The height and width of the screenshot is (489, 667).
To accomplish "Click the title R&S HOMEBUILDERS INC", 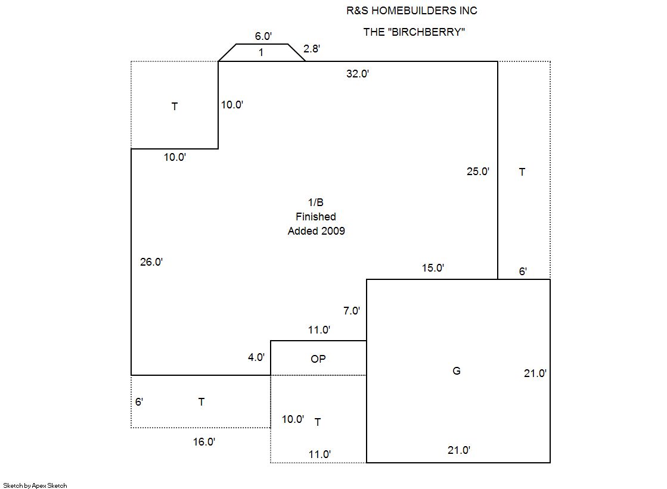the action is point(412,11).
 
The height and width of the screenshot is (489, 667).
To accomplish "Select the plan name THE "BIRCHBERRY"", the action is point(414,32).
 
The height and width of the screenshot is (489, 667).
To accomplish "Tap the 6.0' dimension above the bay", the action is point(263,36).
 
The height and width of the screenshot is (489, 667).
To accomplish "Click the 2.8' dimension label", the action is point(311,48).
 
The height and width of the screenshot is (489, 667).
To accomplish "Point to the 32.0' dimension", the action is point(357,74).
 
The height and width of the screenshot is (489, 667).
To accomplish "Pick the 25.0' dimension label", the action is point(477,172).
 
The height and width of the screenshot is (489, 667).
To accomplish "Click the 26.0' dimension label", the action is point(151,262).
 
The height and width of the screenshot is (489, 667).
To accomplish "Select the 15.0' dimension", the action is point(433,268).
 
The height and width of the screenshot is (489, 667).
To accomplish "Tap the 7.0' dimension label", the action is point(352,311).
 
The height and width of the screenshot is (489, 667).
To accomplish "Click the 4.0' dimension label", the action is point(256,357).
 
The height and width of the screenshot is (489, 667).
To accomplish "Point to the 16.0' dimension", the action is point(204,442).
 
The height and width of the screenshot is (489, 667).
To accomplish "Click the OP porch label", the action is point(318,359).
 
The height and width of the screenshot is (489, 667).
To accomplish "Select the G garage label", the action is point(457,371).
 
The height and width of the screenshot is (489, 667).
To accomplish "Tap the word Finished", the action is point(316,216).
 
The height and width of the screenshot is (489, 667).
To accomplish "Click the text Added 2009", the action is point(316,231).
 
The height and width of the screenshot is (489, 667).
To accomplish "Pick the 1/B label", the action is point(316,203).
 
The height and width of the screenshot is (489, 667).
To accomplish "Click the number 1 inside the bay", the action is point(260,52).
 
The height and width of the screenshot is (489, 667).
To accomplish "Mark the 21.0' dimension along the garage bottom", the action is point(459,450).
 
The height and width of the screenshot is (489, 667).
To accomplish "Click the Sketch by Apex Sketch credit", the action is point(35,485).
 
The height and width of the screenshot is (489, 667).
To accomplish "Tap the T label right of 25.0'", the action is point(522,172).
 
